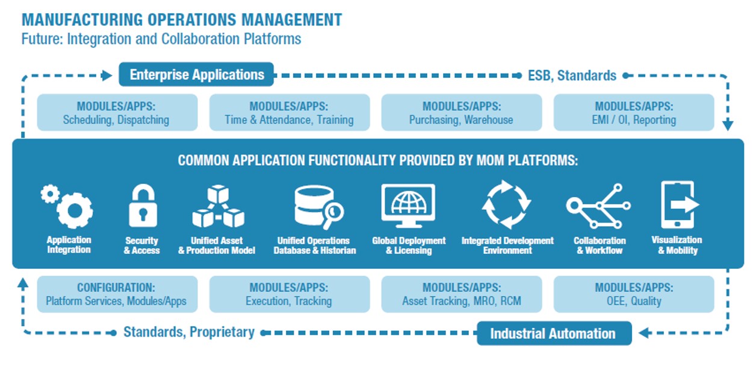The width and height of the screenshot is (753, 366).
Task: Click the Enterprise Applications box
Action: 196,75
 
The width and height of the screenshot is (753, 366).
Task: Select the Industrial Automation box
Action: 554,333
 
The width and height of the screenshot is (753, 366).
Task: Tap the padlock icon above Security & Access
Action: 143,207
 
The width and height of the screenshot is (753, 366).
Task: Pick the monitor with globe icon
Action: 408,206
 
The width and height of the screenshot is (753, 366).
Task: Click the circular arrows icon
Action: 507,205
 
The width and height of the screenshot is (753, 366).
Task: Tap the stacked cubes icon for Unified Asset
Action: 217,207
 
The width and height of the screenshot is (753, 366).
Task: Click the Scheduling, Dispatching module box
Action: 117,113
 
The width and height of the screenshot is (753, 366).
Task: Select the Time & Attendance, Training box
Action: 289,113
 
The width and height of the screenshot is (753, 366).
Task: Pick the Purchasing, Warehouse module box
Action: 461,113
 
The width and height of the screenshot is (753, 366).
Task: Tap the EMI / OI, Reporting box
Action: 634,113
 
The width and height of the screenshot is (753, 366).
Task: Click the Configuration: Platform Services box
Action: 117,294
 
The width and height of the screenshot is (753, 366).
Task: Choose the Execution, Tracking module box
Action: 289,294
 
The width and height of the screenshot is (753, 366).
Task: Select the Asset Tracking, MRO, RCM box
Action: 461,294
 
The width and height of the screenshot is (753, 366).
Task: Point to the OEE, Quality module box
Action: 634,294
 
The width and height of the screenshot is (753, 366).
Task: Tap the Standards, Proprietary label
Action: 188,332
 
